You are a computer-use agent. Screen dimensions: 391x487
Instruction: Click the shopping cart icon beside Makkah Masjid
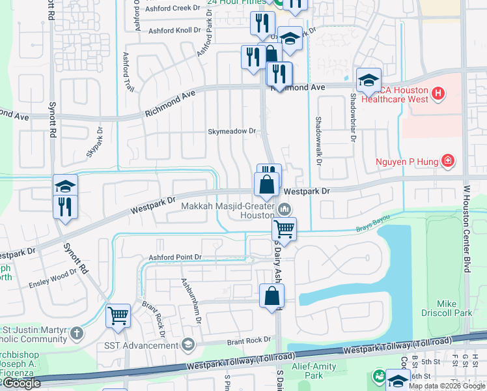284,228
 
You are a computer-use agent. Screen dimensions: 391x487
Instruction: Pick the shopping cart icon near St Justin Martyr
118,315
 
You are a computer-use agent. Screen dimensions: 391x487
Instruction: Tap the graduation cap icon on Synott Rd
65,186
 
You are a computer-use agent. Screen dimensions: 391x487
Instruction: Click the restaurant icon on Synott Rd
65,207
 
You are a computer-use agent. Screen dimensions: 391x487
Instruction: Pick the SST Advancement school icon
188,343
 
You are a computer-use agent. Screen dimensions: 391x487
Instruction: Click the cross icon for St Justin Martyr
77,335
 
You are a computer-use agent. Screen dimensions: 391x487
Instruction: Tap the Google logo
21,383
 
